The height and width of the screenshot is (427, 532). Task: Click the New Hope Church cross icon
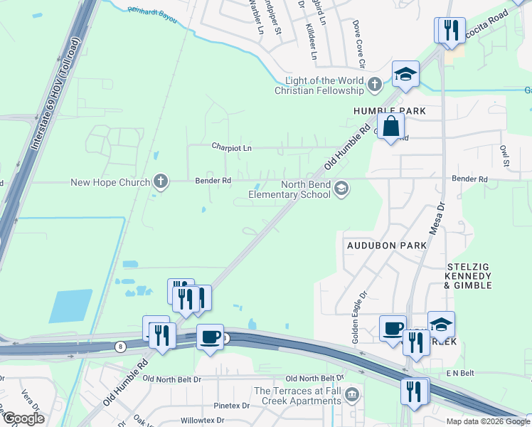pyautogui.click(x=161, y=181)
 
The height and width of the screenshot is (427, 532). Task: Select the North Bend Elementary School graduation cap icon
pyautogui.click(x=342, y=188)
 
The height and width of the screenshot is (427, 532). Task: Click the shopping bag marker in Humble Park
pyautogui.click(x=391, y=128)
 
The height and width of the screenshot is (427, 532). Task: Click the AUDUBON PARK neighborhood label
pyautogui.click(x=386, y=245)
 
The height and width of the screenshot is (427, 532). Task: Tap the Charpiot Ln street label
pyautogui.click(x=232, y=148)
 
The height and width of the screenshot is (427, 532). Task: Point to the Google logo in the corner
pyautogui.click(x=23, y=418)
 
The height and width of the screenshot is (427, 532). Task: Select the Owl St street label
pyautogui.click(x=505, y=155)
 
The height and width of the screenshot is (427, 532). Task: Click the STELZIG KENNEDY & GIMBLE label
pyautogui.click(x=468, y=275)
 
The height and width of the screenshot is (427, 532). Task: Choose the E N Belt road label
pyautogui.click(x=459, y=373)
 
